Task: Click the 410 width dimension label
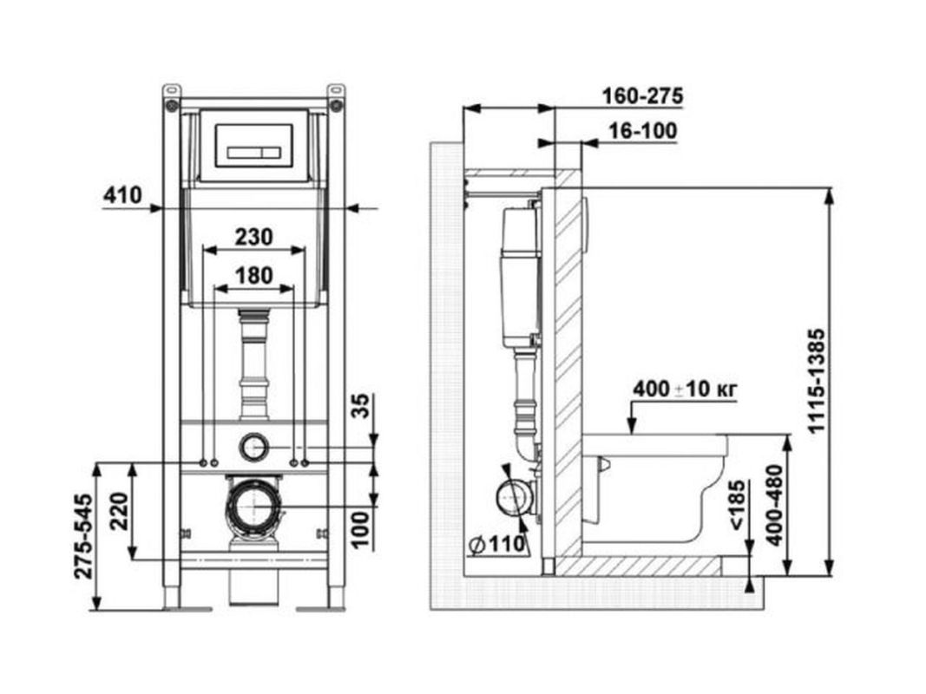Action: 123,194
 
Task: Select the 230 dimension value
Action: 254,237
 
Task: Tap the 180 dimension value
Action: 254,276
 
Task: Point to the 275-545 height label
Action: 83,536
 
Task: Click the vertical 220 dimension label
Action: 119,511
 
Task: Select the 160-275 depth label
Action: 642,95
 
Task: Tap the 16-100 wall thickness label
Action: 643,131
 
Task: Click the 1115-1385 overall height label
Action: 816,381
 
